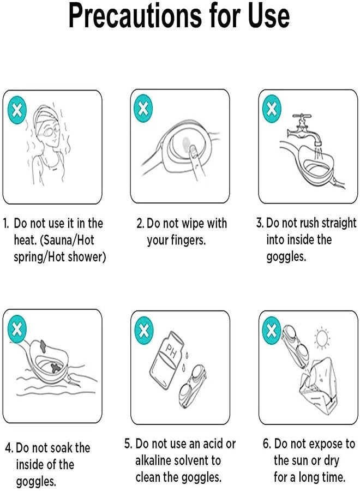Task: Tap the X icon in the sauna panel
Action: (17, 110)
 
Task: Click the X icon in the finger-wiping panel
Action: (143, 109)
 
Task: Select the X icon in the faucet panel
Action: (272, 109)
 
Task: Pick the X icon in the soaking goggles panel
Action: (17, 329)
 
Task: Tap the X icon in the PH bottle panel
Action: (143, 331)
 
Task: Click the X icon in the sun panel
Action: (272, 331)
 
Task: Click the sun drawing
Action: (322, 338)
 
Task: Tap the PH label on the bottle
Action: (171, 351)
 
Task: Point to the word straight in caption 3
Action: (339, 223)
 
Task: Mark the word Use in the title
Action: (269, 16)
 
